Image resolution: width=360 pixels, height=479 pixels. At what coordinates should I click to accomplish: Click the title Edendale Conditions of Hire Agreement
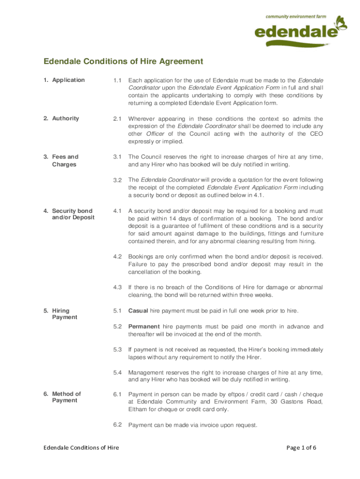[x=123, y=61]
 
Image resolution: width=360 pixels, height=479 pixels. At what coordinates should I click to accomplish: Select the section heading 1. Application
[x=64, y=80]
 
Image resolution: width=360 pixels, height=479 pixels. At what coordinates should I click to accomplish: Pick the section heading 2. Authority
[x=61, y=118]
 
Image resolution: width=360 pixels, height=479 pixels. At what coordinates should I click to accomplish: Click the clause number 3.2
[x=117, y=180]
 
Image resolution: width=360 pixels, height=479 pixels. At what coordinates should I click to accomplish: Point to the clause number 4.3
[x=117, y=287]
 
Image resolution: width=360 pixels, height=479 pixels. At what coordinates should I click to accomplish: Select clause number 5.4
[x=117, y=372]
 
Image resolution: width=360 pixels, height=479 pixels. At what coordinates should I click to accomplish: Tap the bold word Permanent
[x=144, y=326]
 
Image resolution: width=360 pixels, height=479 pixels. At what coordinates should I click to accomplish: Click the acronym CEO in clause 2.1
[x=316, y=134]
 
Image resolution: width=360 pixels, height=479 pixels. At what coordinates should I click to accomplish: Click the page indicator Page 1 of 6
[x=301, y=448]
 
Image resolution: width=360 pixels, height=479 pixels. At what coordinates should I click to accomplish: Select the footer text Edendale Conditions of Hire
[x=81, y=448]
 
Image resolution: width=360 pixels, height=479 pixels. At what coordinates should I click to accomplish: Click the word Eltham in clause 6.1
[x=137, y=409]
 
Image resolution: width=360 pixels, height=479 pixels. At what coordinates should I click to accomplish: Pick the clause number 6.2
[x=117, y=425]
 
